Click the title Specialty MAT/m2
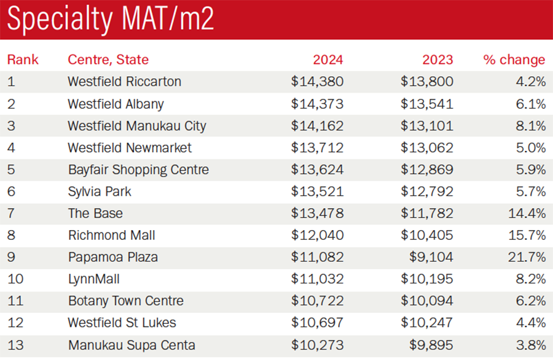point(111,20)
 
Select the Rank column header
point(23,60)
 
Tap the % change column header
point(514,60)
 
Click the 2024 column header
point(327,60)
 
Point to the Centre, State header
point(108,60)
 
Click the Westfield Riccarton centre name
point(124,82)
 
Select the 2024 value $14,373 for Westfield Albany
point(317,104)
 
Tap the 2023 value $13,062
point(427,148)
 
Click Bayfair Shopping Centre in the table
point(138,169)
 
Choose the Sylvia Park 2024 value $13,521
point(317,191)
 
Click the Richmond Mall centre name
point(111,235)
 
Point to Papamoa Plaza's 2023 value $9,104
point(431,257)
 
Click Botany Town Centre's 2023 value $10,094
point(427,301)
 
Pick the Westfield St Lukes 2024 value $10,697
point(317,323)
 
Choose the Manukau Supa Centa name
point(131,345)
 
